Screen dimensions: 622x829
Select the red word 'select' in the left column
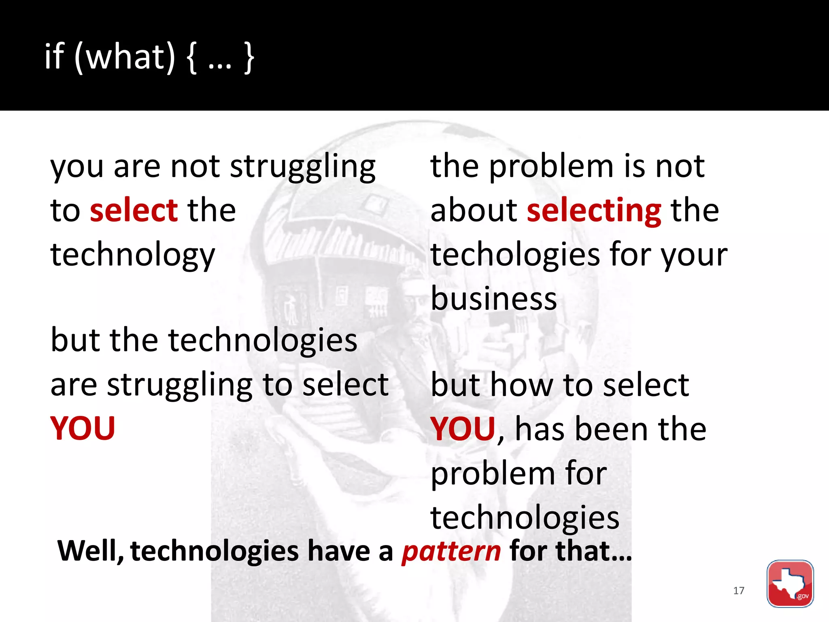tap(134, 211)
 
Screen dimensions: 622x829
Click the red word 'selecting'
tap(594, 211)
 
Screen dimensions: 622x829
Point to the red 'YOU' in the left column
tap(83, 428)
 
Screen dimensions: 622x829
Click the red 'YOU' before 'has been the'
tap(463, 429)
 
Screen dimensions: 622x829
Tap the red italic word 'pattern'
tap(451, 552)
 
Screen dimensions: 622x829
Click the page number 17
tap(738, 591)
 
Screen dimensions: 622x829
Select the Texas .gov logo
tap(790, 584)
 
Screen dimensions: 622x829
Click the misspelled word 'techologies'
tap(515, 255)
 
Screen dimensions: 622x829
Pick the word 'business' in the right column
tap(494, 299)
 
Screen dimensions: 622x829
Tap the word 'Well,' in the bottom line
tap(91, 552)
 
